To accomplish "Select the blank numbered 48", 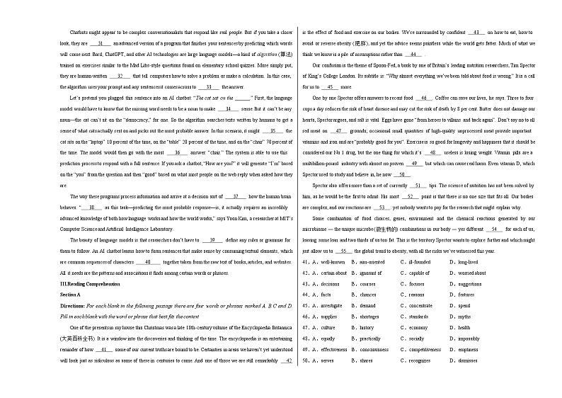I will [x=431, y=152].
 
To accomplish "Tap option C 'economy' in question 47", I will [x=417, y=328].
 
